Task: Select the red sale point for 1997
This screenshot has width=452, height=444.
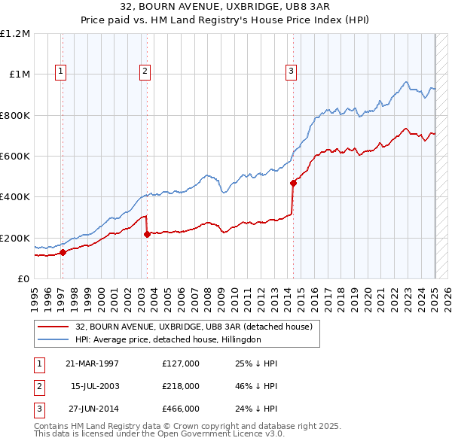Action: click(63, 252)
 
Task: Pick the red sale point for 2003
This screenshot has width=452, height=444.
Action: click(147, 234)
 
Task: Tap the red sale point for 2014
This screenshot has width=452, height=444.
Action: click(293, 182)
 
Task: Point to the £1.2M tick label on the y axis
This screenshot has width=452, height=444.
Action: click(15, 33)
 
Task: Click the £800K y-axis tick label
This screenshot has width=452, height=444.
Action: click(15, 115)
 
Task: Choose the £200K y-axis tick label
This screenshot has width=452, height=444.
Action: click(15, 238)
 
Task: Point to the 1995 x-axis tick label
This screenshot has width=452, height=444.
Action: click(35, 294)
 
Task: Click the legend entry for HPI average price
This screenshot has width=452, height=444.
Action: click(168, 340)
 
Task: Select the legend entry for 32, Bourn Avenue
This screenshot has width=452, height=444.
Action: click(198, 327)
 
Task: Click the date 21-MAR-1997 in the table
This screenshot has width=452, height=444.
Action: click(92, 363)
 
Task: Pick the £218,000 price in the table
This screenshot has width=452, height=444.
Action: click(181, 386)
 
